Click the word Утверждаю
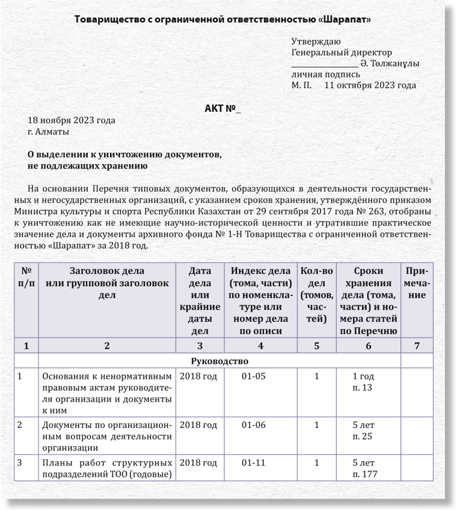(316, 42)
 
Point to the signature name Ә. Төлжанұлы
(390, 64)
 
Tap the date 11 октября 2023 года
(370, 85)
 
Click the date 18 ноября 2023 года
(72, 120)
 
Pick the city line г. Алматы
(48, 131)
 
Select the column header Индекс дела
(260, 271)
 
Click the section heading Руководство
(219, 361)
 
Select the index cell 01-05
(253, 377)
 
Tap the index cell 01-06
(253, 425)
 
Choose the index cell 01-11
(253, 463)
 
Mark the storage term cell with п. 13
(363, 382)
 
